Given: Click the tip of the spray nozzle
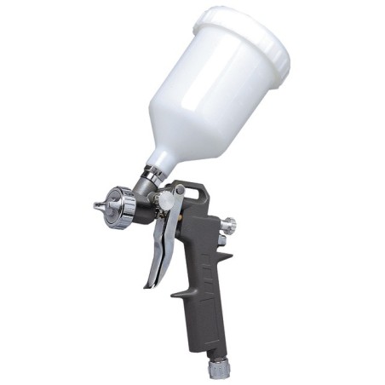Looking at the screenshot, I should coord(96,205).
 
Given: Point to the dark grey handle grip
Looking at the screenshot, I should coord(204,298).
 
